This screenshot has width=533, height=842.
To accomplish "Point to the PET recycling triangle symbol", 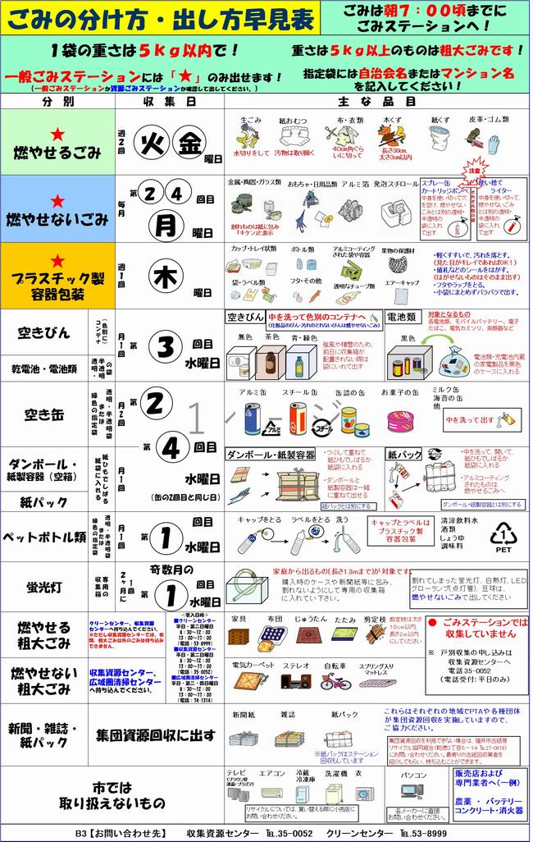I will (x=501, y=537).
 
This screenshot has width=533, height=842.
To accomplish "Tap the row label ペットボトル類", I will (x=46, y=538).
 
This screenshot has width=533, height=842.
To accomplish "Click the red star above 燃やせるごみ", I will (x=57, y=134).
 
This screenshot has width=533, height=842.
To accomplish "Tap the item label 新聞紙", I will (x=244, y=716).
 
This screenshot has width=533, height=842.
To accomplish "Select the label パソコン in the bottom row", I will (x=414, y=774).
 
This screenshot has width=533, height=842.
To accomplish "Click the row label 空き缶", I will (x=45, y=415).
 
